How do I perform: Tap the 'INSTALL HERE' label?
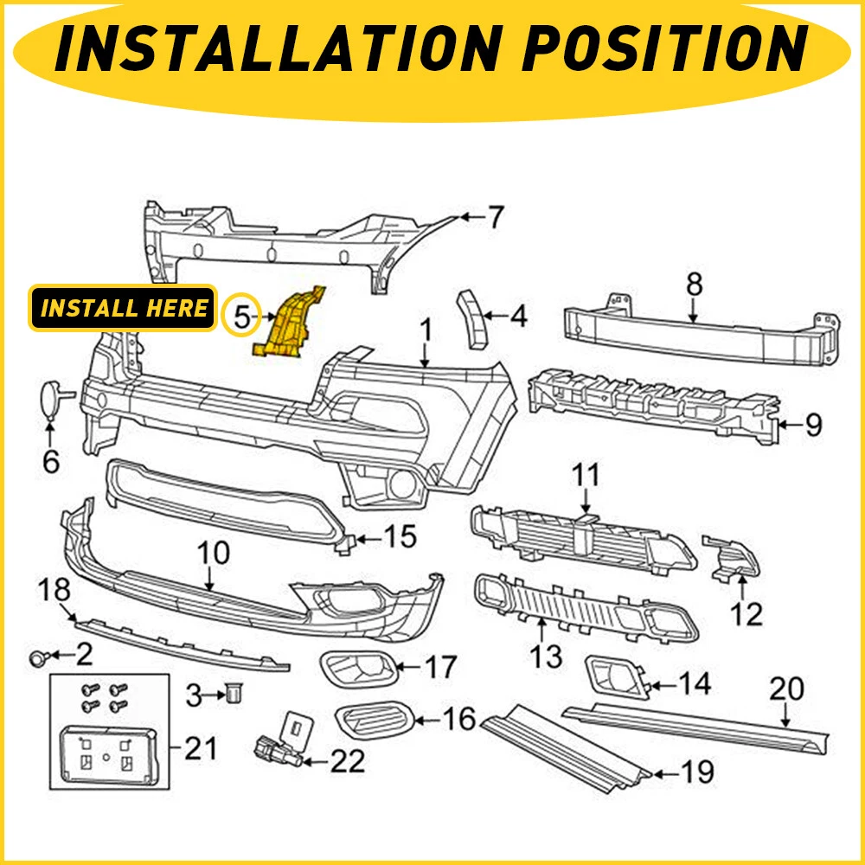124,308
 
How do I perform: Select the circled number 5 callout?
243,317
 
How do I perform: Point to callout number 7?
494,217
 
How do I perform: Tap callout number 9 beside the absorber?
812,426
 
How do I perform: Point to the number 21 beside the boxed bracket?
202,747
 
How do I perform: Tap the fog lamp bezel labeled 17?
357,666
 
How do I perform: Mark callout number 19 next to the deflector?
697,771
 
